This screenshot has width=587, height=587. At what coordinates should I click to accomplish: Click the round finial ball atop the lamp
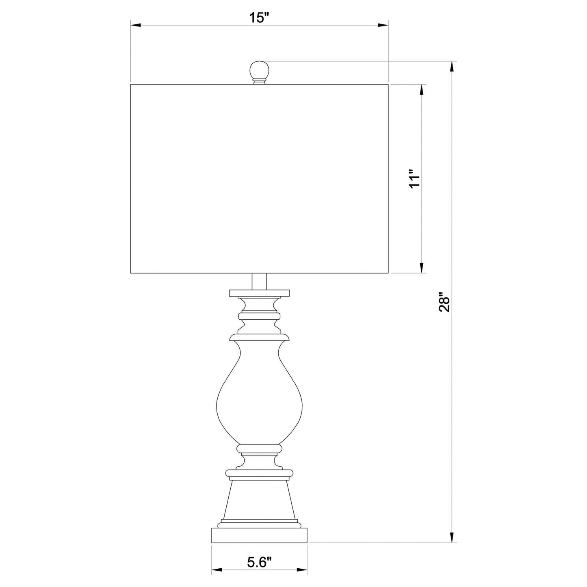pos(260,71)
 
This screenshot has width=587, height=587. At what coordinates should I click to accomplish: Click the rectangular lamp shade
pos(260,178)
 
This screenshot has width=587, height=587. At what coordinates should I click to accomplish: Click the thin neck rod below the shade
pos(260,282)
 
